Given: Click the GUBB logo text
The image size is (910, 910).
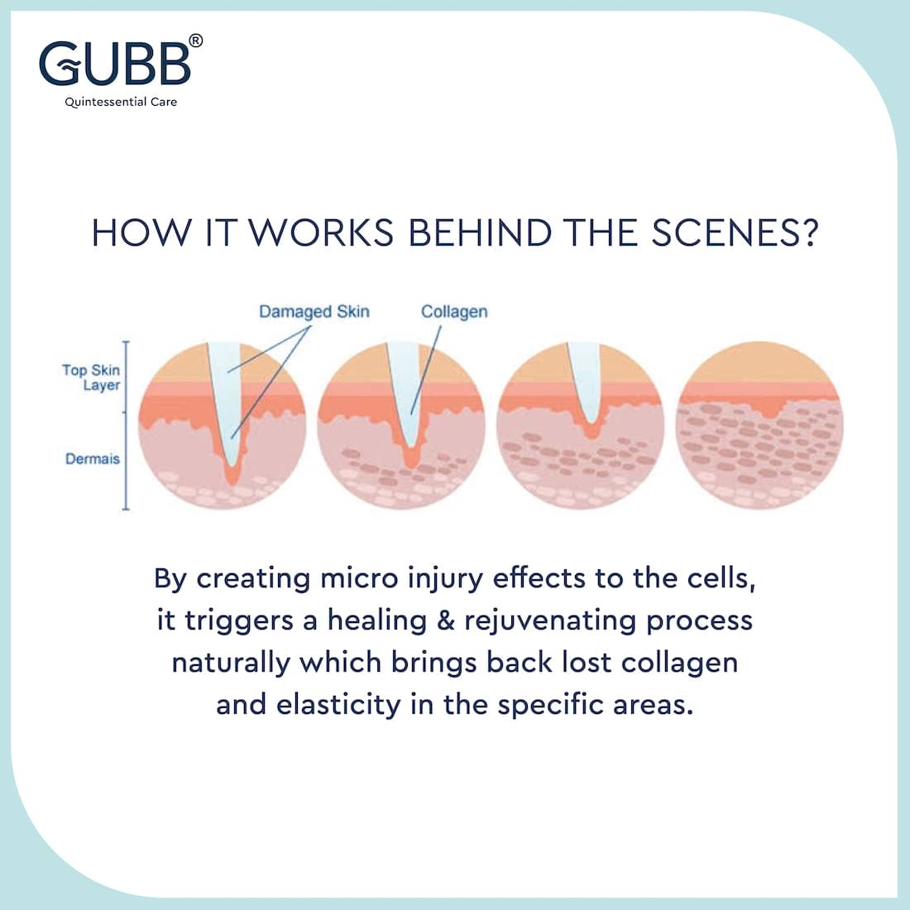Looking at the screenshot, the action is point(115,63).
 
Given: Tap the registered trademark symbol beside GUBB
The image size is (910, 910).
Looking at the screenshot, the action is point(196,41).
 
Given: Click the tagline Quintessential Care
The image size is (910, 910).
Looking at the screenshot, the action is point(121,102).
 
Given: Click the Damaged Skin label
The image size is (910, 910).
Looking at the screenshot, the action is point(314,312).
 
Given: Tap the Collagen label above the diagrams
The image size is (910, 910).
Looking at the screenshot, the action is point(454,312).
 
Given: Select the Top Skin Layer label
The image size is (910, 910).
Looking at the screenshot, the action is point(91,378).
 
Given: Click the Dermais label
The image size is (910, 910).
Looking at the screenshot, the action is point(93,459).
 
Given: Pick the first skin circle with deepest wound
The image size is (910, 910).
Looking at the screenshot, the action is point(223,425).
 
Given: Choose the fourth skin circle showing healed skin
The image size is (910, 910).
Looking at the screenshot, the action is point(759,425).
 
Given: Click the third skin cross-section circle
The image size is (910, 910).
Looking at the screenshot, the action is point(581,425).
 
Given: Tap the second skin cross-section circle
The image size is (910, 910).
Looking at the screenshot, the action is point(401,425).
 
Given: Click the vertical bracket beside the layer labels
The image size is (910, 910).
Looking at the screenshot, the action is point(126,425).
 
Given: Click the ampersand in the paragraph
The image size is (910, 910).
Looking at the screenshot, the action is point(446,620).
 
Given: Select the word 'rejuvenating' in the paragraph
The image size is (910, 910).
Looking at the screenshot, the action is point(550,622).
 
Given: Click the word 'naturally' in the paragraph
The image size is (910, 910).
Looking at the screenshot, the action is point(231,664).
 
